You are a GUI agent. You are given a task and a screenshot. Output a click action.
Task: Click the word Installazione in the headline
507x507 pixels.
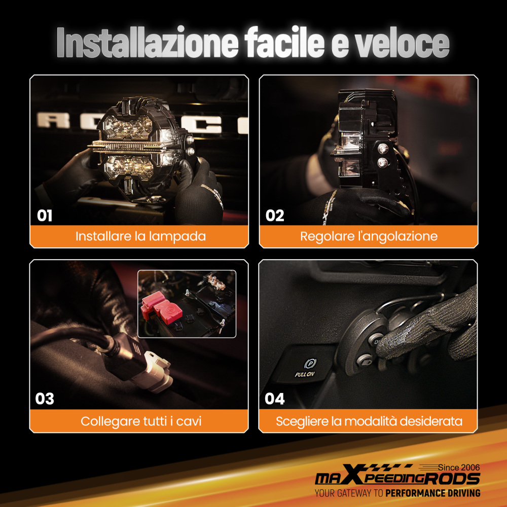pos(148,43)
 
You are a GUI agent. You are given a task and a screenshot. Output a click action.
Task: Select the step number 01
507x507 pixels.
pos(45,215)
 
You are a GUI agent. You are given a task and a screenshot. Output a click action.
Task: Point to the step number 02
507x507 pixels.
pos(275,215)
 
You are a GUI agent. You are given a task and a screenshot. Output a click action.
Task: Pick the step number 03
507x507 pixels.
pos(45,399)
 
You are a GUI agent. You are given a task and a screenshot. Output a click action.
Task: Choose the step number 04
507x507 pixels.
pos(275,399)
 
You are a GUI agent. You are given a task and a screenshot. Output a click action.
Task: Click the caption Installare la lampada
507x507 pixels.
pos(140,236)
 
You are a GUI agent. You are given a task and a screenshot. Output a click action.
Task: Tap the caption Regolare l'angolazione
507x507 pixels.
pos(369,236)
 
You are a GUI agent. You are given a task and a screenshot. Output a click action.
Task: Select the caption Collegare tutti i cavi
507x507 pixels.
pos(141,421)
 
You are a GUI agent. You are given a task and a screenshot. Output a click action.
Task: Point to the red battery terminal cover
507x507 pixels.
pos(161,307)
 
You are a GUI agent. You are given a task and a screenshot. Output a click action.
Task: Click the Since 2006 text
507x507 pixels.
pos(459,467)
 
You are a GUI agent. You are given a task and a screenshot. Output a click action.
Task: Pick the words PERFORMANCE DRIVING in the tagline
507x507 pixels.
pos(432,493)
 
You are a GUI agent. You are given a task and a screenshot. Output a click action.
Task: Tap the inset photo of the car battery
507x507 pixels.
pos(187,304)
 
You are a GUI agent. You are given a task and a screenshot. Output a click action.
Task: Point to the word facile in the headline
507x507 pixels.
pos(284,43)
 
